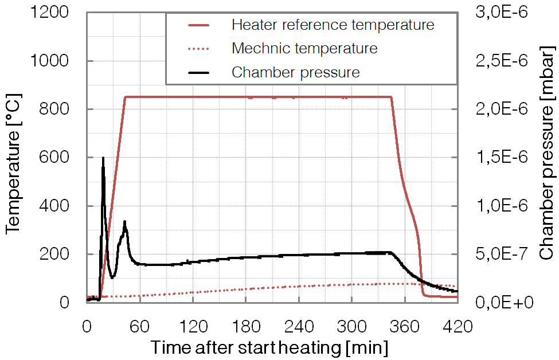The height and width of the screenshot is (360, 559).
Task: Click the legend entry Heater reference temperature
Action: click(333, 25)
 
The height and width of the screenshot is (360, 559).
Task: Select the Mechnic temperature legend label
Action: click(304, 49)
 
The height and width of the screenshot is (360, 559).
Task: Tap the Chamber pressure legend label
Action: click(295, 73)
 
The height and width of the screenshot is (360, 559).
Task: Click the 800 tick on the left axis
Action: click(61, 109)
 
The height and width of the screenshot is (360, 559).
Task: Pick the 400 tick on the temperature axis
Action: click(61, 206)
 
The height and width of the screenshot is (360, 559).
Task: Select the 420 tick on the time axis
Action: click(457, 327)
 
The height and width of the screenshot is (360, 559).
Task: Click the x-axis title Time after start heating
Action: click(269, 347)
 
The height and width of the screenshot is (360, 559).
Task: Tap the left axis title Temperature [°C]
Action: click(14, 158)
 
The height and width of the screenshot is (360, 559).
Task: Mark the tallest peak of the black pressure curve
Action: click(103, 158)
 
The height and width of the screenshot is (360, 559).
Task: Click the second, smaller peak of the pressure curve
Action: click(124, 222)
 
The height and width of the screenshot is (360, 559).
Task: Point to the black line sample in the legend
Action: click(198, 73)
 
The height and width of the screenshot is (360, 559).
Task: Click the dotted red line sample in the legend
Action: click(198, 49)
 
